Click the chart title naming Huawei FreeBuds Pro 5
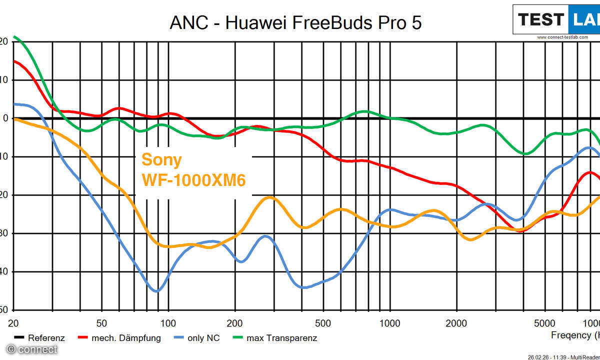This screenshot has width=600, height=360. (x=295, y=22)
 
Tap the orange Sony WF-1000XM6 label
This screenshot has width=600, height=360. (x=193, y=169)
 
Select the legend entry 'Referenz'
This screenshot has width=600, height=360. (x=40, y=338)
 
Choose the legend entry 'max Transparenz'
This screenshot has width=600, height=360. (x=275, y=338)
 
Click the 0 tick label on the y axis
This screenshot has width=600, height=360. (x=4, y=118)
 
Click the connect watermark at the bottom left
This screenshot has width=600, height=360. (x=31, y=349)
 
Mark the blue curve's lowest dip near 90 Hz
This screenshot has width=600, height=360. (x=157, y=291)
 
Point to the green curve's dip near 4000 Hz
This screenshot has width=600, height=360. (x=525, y=153)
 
